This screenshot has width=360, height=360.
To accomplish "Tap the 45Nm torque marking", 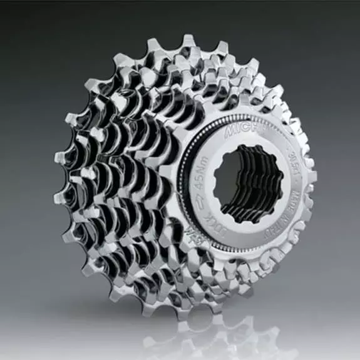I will pyautogui.click(x=203, y=177).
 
